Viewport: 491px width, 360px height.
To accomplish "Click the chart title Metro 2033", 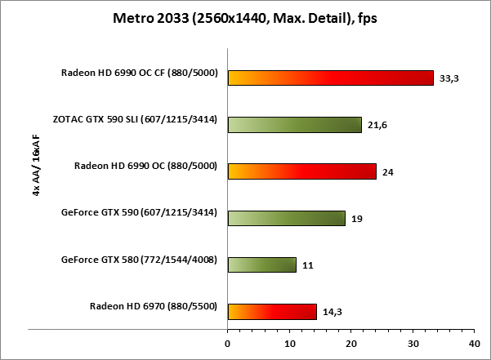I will pos(244,18).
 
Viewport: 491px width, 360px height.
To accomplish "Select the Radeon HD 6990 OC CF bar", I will pos(330,78).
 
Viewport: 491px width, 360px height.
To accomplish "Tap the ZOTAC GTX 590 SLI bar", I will pos(294,124).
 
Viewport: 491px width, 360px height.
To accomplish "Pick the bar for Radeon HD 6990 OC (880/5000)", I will pos(301,171).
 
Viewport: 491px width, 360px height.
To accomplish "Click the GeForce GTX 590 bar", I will pos(286,218).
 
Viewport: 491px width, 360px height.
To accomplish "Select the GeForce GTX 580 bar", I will pos(261,264).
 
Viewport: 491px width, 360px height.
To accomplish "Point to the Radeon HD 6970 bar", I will pos(272,311).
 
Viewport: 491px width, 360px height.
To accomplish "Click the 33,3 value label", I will pos(450,79).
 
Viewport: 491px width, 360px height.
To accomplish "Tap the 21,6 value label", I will pos(378,126).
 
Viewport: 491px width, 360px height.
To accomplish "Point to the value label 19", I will pos(357,219).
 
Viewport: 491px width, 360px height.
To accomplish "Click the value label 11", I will pos(307,265).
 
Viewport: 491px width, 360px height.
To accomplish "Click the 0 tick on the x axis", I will pos(228,343).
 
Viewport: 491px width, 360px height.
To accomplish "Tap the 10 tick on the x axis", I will pos(289,343).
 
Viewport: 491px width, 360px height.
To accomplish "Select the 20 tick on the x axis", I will pos(350,343).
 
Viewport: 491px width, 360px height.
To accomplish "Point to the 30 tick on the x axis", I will pos(413,343).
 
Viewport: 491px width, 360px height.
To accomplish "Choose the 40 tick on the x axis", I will pos(474,343).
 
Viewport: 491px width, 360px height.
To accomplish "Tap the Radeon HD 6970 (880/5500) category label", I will pos(153,307).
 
